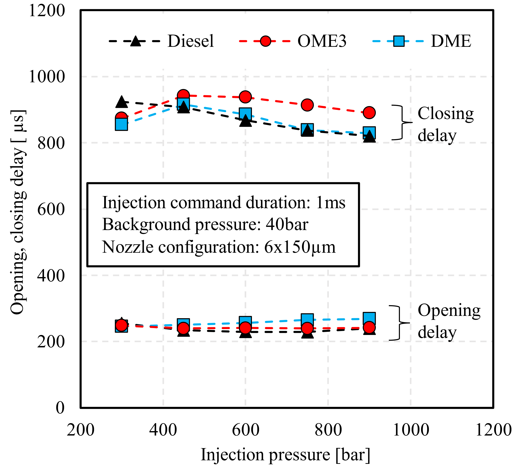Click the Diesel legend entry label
tap(191, 41)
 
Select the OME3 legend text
tap(322, 41)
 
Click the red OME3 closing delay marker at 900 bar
tap(369, 112)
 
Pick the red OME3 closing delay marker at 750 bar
tap(307, 105)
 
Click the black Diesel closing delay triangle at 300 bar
tap(122, 102)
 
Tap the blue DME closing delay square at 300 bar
tap(122, 124)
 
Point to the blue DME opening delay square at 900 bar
tap(369, 318)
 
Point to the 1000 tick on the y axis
tap(47, 77)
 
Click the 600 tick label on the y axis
tap(51, 209)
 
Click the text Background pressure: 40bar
tap(205, 225)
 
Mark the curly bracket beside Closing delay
tap(402, 122)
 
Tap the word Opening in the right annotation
tap(449, 311)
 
